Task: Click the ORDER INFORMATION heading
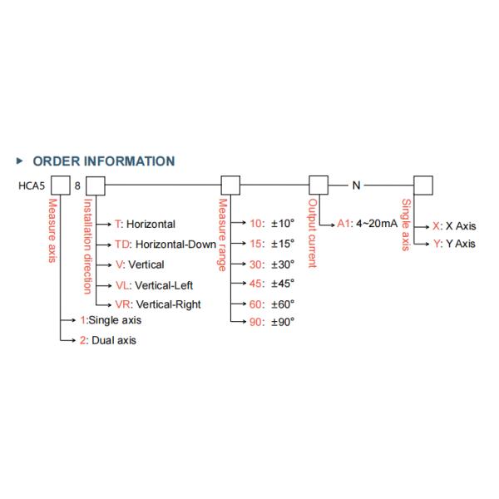pyautogui.click(x=103, y=161)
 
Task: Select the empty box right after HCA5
pyautogui.click(x=60, y=185)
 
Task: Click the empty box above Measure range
pyautogui.click(x=230, y=185)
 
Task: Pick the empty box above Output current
pyautogui.click(x=319, y=185)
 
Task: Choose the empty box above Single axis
pyautogui.click(x=424, y=185)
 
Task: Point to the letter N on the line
pyautogui.click(x=356, y=185)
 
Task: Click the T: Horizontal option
pyautogui.click(x=145, y=225)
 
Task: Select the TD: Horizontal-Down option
pyautogui.click(x=165, y=245)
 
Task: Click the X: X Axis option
pyautogui.click(x=454, y=225)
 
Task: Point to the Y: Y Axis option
pyautogui.click(x=454, y=244)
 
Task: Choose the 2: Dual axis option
pyautogui.click(x=107, y=339)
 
